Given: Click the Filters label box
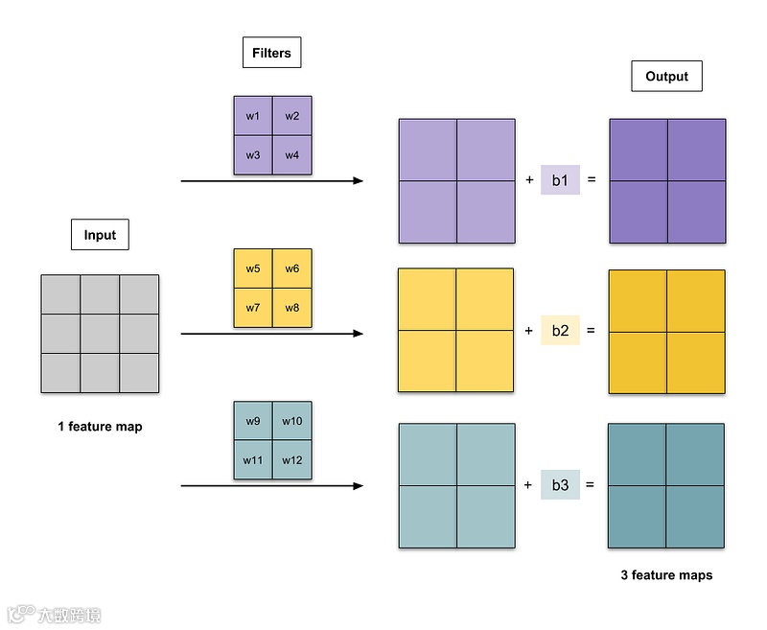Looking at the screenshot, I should pos(271,53).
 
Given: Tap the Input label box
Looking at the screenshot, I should pos(100,235).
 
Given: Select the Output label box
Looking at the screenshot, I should pos(666,77).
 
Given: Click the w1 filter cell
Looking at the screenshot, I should pos(253,116).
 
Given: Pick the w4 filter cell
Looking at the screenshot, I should pos(292,155).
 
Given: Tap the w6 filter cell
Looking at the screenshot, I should pos(292,268).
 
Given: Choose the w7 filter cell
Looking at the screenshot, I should pos(253,308).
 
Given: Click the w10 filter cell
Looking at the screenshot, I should pos(292,421).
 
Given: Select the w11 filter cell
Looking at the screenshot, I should pos(253,460).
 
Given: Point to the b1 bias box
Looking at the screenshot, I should pos(560,179).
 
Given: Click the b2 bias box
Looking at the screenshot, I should pos(560,331).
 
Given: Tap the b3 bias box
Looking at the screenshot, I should pos(560,485).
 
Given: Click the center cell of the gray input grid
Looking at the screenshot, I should pos(100,334).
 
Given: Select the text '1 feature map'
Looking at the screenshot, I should pos(100,426).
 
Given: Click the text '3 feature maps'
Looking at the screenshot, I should pos(666,575).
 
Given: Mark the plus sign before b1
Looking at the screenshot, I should pos(529,179).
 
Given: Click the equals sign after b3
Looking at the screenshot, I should pos(590,485).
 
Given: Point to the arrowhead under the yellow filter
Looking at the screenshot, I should pos(359,334).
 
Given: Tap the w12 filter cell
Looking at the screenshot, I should pos(292,460).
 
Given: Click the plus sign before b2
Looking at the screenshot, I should pos(529,331).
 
